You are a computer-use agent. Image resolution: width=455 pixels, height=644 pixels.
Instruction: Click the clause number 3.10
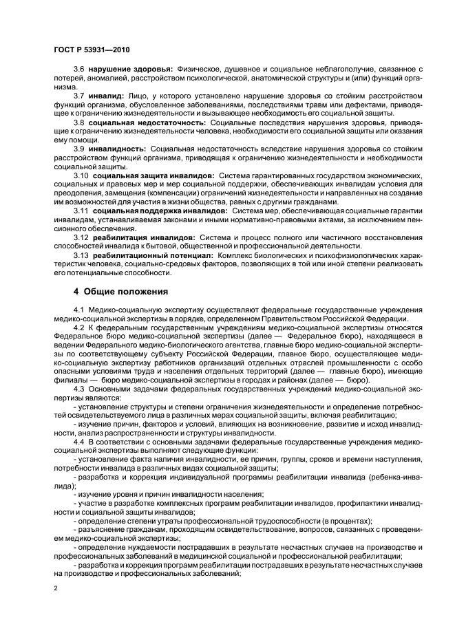click(81, 175)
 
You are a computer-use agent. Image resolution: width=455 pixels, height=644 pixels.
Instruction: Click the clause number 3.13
click(81, 254)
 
